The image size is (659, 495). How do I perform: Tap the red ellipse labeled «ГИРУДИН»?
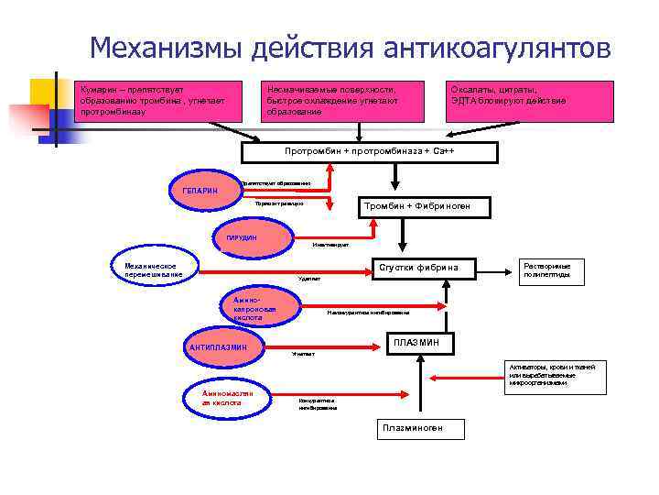243,238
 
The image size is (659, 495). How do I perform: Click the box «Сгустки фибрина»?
425,268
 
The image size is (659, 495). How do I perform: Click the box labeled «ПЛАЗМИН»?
416,343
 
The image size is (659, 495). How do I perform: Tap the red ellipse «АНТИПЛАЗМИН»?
219,347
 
